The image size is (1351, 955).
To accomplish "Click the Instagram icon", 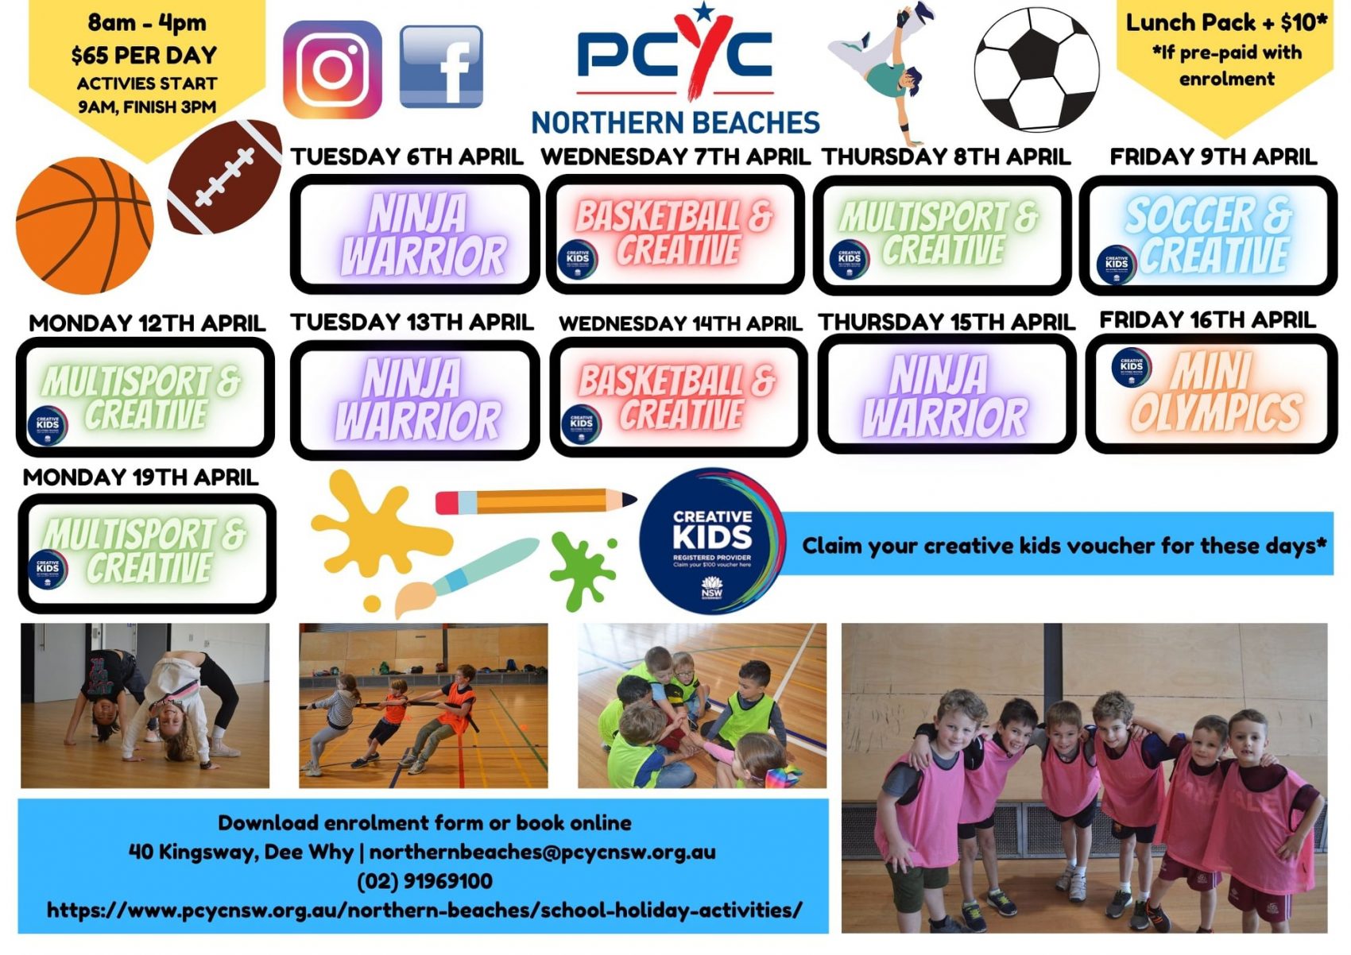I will click(x=332, y=69).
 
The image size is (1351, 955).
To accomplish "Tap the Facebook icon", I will click(x=441, y=67).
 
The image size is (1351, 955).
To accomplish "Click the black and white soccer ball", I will click(x=1036, y=70).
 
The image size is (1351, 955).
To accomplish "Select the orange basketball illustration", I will click(x=84, y=226).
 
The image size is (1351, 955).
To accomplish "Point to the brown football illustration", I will click(x=225, y=176).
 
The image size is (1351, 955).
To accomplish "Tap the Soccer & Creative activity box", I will click(x=1208, y=235).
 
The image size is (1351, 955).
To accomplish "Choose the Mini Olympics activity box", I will click(x=1211, y=394).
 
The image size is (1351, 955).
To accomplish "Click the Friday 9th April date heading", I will click(x=1213, y=157).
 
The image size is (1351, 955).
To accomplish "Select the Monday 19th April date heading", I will click(x=141, y=477).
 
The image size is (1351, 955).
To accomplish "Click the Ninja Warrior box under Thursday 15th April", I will click(x=946, y=395).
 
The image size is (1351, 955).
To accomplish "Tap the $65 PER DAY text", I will click(x=144, y=55).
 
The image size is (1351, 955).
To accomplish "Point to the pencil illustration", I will click(x=536, y=501).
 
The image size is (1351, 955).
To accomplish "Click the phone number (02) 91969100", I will click(x=424, y=881).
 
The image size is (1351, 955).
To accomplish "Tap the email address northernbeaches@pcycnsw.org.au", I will click(x=542, y=852).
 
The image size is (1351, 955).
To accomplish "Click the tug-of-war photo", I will click(x=423, y=706).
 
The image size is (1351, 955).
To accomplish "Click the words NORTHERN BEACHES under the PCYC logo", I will click(x=675, y=123).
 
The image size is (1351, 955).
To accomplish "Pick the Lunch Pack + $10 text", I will click(x=1225, y=22).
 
